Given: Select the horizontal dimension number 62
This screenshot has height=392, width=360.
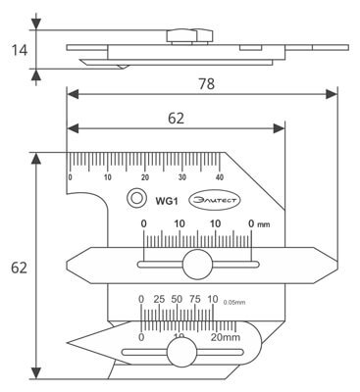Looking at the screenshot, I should (x=176, y=119).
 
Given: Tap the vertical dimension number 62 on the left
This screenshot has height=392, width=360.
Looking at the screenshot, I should (x=18, y=266).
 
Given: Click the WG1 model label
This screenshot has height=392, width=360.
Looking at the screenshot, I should (x=165, y=201).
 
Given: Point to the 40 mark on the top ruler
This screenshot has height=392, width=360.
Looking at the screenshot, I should (x=219, y=177).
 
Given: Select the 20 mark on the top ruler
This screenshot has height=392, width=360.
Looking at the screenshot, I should (x=144, y=177).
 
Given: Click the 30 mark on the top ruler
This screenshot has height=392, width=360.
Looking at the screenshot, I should (x=181, y=177).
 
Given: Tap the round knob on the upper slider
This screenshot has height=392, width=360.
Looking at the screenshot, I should (x=196, y=265).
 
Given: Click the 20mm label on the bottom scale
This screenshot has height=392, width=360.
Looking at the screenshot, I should (x=226, y=337).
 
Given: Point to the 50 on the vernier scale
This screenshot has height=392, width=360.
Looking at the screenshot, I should (x=178, y=299).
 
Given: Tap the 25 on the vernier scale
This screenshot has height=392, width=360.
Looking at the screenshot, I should (x=158, y=299).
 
